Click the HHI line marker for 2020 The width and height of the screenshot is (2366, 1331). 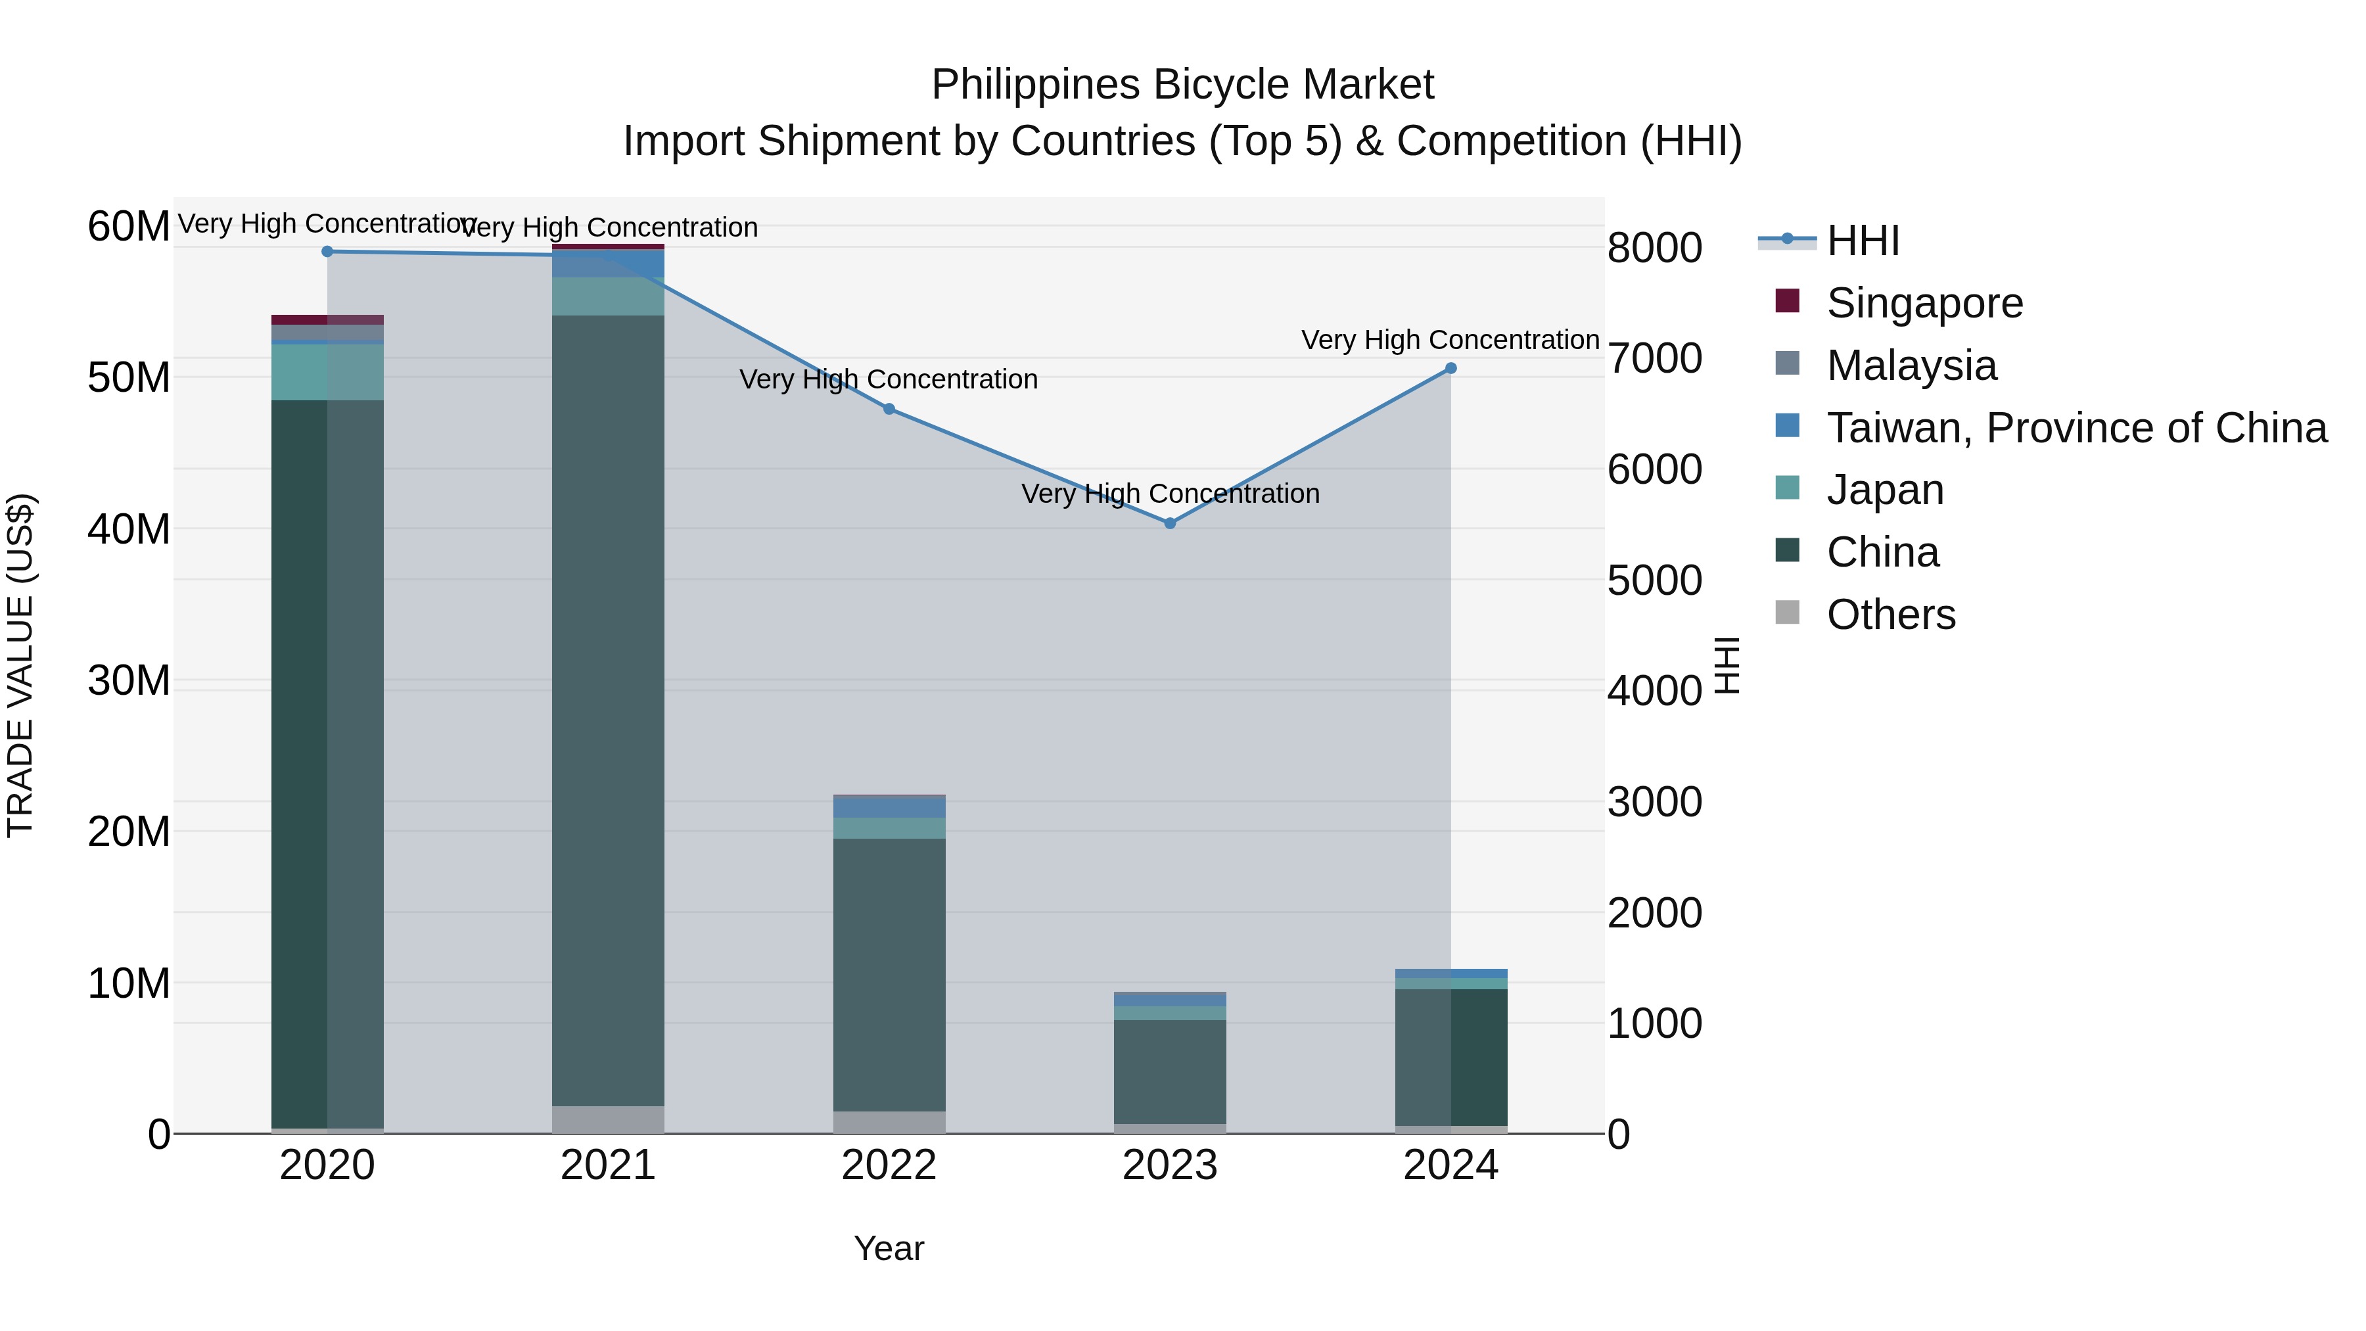327,252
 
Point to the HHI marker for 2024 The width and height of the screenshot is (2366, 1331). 1451,368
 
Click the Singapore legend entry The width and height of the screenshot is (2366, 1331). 1924,303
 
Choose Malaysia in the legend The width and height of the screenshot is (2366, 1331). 1911,365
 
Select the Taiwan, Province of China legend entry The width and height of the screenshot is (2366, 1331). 2076,428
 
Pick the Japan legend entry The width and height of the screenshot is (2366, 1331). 1885,490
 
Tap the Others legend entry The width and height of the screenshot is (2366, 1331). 1890,615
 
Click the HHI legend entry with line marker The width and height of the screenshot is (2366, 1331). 1863,241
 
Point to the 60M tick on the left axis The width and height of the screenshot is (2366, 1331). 129,226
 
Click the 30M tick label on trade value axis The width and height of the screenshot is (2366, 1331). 129,681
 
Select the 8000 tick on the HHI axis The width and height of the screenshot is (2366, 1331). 1654,248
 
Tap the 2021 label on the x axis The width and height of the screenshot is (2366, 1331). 608,1165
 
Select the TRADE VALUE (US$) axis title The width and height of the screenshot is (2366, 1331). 20,665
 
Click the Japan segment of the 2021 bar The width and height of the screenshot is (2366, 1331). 608,296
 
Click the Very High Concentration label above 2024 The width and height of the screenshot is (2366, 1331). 1450,340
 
